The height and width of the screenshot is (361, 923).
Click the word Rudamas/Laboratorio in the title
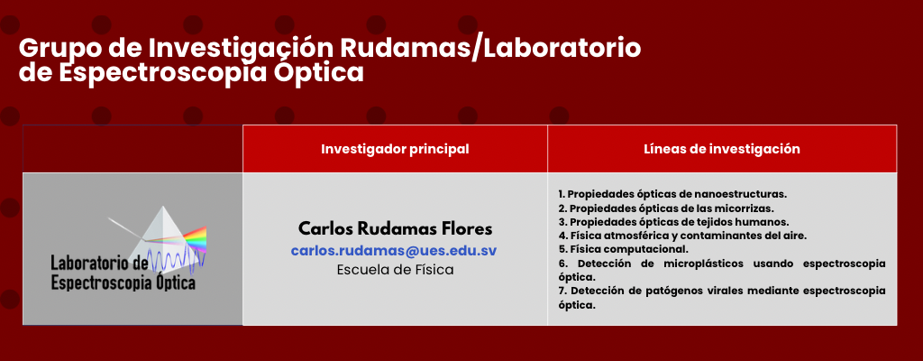pyautogui.click(x=491, y=49)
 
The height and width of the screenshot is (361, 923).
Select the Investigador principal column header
pyautogui.click(x=395, y=149)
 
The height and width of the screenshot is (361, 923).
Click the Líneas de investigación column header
pyautogui.click(x=722, y=149)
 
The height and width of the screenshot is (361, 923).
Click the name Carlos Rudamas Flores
pyautogui.click(x=395, y=228)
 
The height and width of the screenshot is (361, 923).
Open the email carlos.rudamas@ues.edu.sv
pyautogui.click(x=394, y=250)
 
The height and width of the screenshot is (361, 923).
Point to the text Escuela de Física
pyautogui.click(x=395, y=270)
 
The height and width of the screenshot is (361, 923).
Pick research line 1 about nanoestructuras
pyautogui.click(x=672, y=194)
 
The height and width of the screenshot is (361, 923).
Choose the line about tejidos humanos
pyautogui.click(x=673, y=222)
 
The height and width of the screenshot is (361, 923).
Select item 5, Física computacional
pyautogui.click(x=624, y=249)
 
